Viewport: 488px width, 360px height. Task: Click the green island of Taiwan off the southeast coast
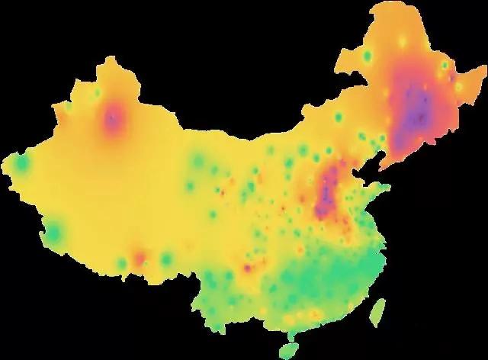(377, 311)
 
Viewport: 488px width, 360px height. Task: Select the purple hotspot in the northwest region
(114, 119)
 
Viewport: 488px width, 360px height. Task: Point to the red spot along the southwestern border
(140, 259)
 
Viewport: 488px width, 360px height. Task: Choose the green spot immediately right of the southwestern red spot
(166, 260)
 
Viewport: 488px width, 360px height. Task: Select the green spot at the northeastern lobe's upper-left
(368, 57)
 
